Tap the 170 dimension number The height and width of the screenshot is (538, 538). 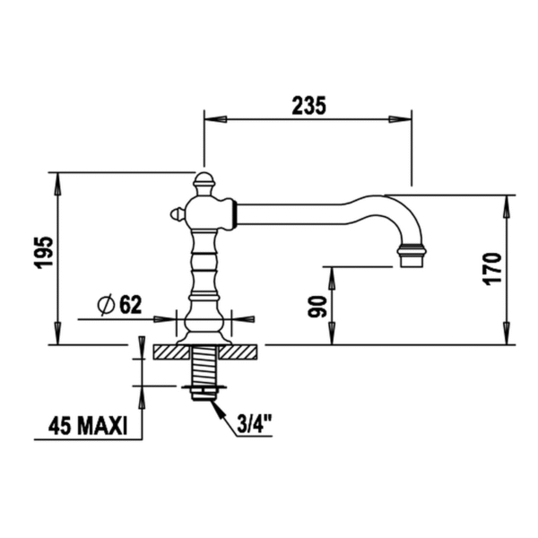[492, 269]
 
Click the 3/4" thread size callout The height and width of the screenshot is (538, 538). [256, 423]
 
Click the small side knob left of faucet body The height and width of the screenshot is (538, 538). [178, 214]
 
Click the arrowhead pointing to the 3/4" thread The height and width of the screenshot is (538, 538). [215, 405]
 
